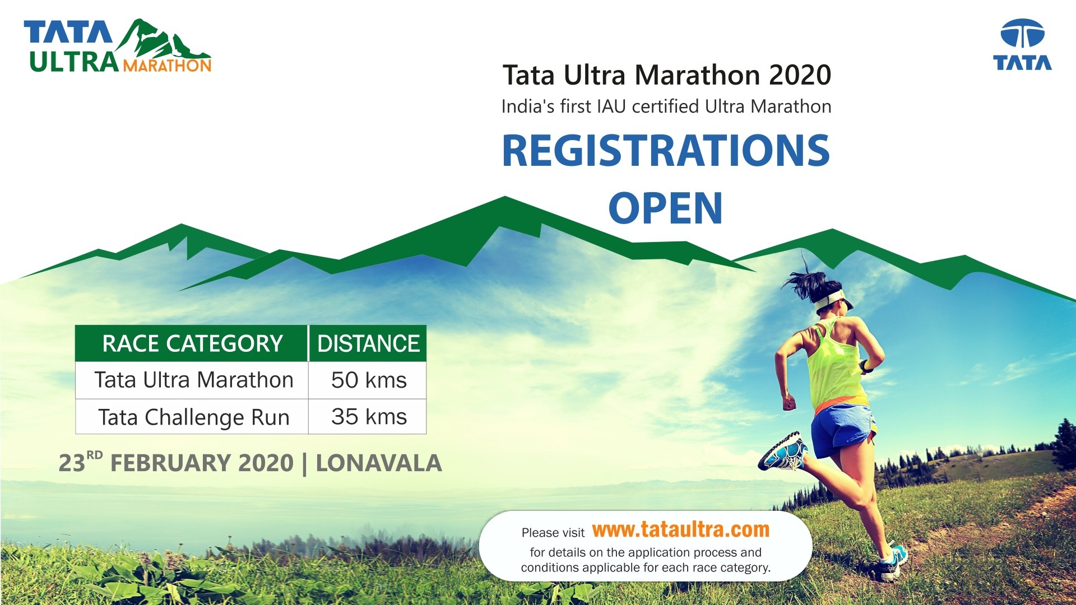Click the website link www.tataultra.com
(680, 529)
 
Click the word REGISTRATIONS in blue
(666, 151)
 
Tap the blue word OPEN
(665, 208)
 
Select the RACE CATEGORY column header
(192, 343)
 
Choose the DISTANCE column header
(368, 343)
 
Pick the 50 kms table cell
(368, 380)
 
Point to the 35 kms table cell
(368, 417)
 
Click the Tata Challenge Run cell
(193, 417)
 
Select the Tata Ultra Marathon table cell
(193, 380)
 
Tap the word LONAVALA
(379, 463)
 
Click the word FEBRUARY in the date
(202, 463)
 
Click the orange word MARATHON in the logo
(167, 66)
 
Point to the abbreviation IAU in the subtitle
(611, 106)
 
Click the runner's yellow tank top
(835, 364)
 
